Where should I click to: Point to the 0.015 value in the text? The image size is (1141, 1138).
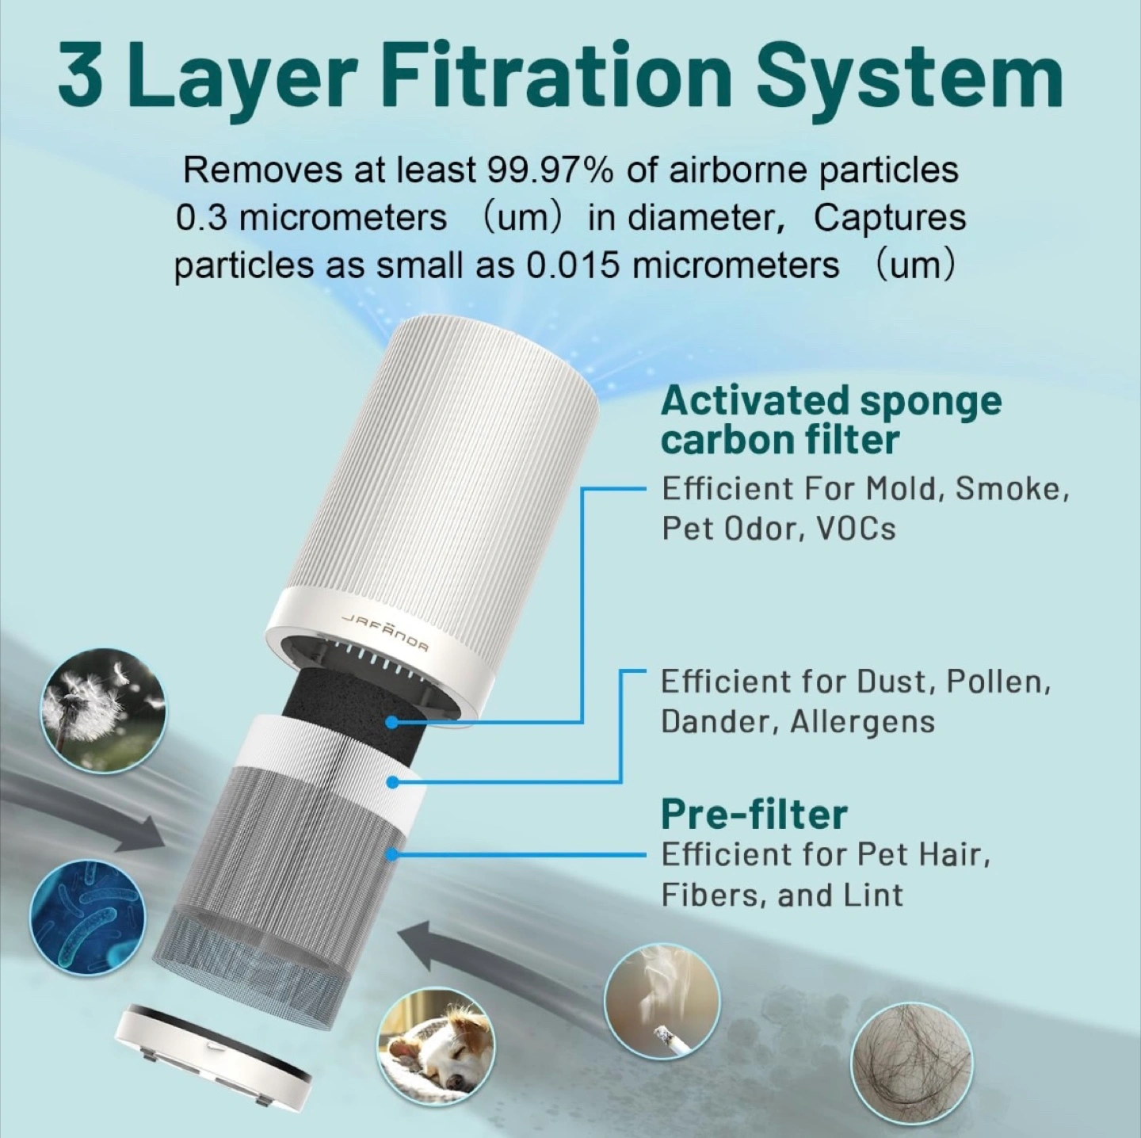click(570, 265)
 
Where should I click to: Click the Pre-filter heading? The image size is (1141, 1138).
click(754, 815)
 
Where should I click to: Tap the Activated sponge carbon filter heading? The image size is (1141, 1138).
click(830, 420)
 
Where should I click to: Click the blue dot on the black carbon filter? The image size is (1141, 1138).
click(391, 721)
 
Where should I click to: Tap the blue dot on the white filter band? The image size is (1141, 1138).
click(391, 782)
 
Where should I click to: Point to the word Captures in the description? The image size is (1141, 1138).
click(889, 219)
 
